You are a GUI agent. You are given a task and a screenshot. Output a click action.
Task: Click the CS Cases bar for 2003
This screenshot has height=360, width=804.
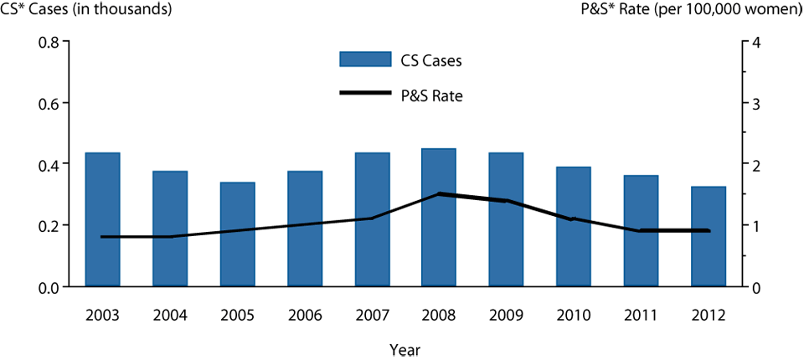click(102, 219)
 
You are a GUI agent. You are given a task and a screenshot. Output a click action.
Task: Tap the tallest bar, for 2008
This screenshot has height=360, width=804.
click(439, 218)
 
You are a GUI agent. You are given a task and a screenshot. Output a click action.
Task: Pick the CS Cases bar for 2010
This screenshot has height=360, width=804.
click(574, 226)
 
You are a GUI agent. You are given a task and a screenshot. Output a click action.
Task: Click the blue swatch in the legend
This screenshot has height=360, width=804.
click(364, 59)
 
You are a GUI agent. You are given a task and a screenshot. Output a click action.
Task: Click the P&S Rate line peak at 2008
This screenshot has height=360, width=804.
click(439, 194)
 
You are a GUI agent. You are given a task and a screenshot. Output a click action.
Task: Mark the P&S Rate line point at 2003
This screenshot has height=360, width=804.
click(102, 237)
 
